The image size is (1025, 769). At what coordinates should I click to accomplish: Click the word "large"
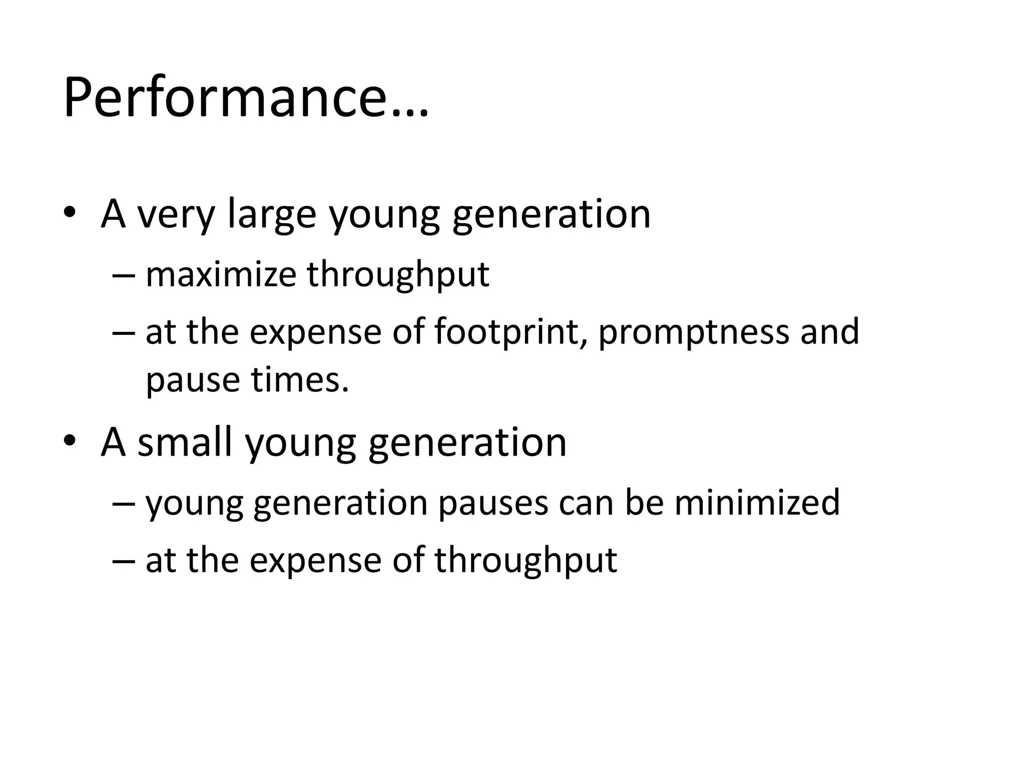point(272,214)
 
